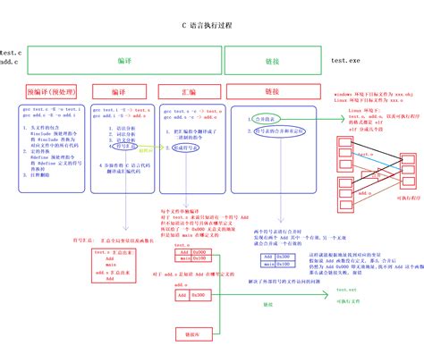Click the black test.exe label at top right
345,60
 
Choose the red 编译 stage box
118,91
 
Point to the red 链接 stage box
272,91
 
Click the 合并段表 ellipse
262,117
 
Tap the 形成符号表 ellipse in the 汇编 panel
187,148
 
